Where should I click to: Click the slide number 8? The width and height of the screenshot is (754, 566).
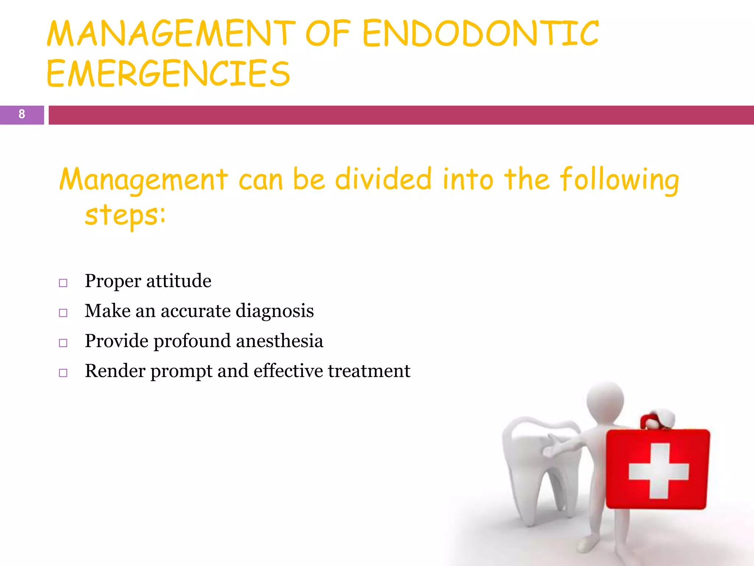(x=22, y=114)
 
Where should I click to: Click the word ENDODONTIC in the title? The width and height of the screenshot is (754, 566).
(x=480, y=34)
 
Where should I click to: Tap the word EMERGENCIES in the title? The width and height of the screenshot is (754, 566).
(x=168, y=74)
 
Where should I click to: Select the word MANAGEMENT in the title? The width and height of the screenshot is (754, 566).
(x=171, y=34)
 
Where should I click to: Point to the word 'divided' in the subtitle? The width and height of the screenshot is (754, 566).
(x=383, y=179)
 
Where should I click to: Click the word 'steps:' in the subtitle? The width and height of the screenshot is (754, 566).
(x=125, y=215)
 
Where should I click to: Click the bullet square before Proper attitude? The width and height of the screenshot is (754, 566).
(x=63, y=283)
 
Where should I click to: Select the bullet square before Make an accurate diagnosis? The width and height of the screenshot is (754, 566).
(x=63, y=313)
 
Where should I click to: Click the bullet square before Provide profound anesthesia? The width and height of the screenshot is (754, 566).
(x=63, y=343)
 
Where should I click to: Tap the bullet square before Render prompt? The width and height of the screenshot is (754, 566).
(x=63, y=373)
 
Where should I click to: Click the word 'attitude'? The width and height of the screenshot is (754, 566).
(x=179, y=281)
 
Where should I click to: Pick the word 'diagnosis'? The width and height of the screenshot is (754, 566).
(x=275, y=311)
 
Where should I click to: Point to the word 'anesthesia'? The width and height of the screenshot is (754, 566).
(x=279, y=341)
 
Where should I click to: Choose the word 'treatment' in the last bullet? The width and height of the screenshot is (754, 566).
(x=369, y=371)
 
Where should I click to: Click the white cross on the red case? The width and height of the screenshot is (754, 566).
(x=658, y=471)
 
